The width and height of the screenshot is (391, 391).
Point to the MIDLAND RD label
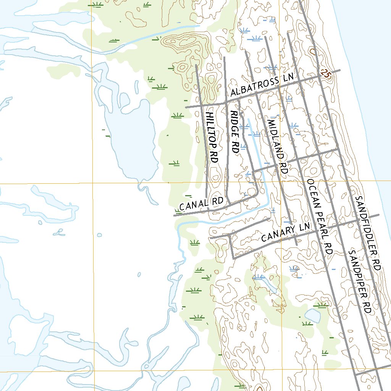pos(277,147)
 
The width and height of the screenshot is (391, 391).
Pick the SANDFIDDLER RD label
pos(368,233)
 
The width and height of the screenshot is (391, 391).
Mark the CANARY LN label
pos(285,233)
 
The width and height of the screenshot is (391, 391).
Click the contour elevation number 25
pos(325,74)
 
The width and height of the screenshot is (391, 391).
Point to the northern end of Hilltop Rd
pos(196,65)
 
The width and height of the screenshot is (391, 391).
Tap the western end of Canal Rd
pos(174,216)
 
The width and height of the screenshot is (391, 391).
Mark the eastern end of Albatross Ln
pos(340,70)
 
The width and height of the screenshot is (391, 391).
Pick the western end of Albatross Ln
pos(186,108)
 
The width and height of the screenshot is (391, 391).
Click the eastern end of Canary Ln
pos(379,215)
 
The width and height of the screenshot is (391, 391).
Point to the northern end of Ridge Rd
pos(225,57)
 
